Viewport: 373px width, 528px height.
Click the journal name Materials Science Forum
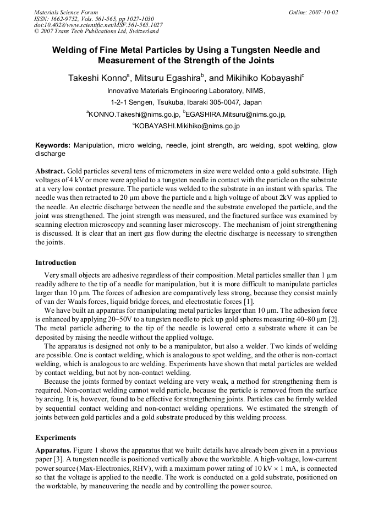tap(66, 12)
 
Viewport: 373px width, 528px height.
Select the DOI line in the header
tap(98, 25)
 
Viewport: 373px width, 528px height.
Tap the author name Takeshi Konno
tap(98, 79)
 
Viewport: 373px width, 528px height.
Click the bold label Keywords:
tap(52, 145)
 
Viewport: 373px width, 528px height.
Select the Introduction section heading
tap(56, 262)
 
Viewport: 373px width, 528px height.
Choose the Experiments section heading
tap(54, 437)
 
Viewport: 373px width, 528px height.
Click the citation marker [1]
tap(248, 301)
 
